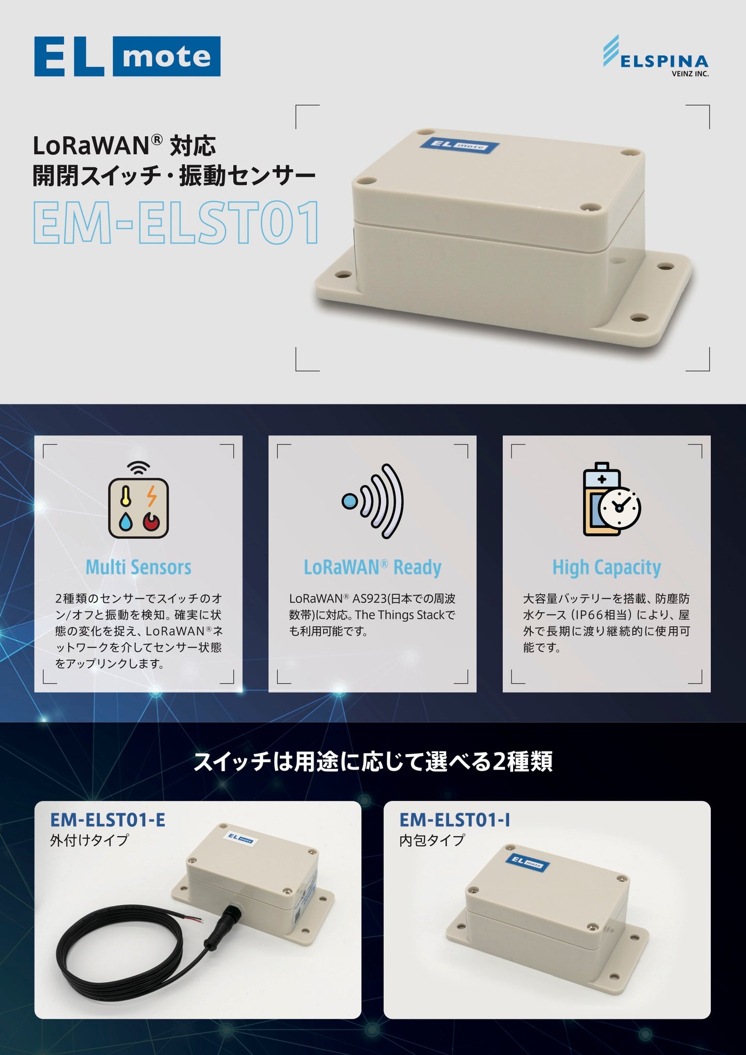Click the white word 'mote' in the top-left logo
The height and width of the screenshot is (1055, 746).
tap(167, 56)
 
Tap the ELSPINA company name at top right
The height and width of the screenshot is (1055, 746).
tap(664, 62)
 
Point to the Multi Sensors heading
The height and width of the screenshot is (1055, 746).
tap(138, 567)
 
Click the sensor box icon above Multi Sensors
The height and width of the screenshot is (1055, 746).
tap(138, 501)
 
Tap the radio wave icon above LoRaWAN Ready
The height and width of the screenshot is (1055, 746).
tap(372, 501)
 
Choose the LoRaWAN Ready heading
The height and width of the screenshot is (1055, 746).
tap(372, 567)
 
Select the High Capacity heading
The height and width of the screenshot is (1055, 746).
tap(607, 568)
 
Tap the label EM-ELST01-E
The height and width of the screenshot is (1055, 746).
tap(107, 820)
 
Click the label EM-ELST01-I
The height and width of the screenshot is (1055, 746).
tap(455, 820)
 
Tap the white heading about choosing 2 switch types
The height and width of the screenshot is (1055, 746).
tap(373, 761)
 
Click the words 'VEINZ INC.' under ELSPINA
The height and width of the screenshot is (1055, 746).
tap(690, 74)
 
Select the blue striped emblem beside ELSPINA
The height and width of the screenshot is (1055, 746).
tap(611, 51)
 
